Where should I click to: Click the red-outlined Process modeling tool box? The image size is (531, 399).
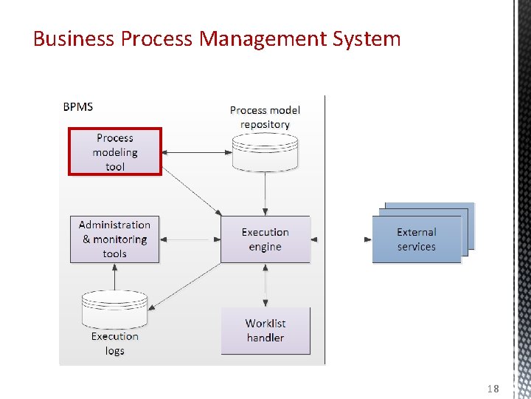point(114,152)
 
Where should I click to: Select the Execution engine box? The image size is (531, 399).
point(265,239)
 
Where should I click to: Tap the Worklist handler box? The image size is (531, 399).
point(265,330)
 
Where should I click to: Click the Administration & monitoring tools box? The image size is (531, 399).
point(114,239)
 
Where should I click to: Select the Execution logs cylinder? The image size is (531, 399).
point(114,309)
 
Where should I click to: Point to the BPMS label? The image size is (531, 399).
point(78,106)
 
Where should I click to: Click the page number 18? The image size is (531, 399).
point(493,389)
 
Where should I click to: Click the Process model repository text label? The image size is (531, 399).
point(265,117)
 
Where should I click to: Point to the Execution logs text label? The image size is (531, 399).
point(114,344)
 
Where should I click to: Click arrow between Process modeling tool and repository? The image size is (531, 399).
point(196,153)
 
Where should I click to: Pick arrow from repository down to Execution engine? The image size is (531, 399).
point(265,194)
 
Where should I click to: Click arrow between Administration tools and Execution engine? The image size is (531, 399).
point(190,239)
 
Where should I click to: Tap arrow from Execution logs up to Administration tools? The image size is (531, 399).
point(114,276)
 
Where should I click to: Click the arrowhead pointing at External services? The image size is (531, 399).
point(368,239)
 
